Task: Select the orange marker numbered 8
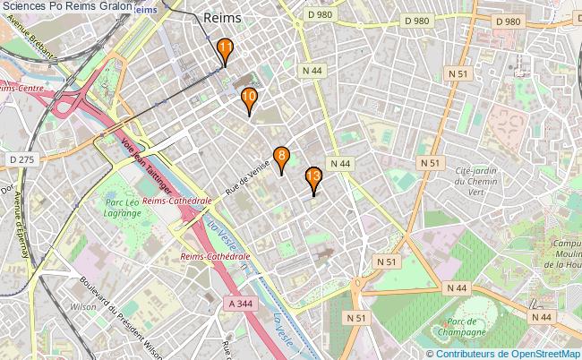(281, 158)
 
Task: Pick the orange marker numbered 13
(313, 177)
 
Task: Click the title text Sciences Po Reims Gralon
(68, 6)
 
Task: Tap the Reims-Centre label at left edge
(21, 89)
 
